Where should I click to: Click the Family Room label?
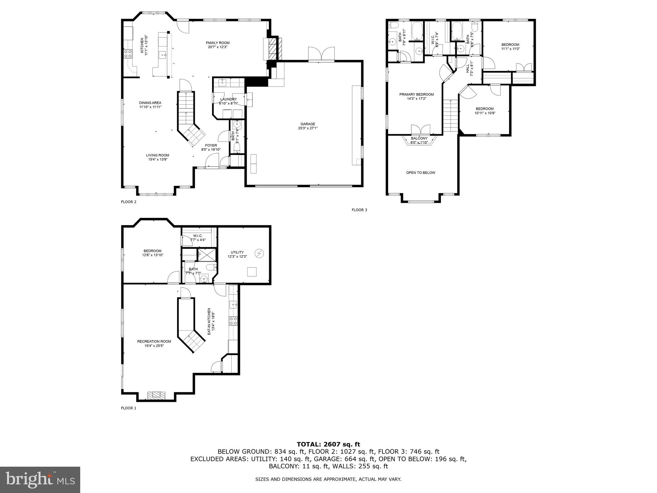point(218,43)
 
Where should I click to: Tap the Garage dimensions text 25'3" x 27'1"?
point(308,128)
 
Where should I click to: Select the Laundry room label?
point(228,99)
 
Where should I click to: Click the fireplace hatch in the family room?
point(272,48)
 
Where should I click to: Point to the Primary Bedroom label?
point(416,94)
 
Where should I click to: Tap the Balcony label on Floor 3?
point(419,138)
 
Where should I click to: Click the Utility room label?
point(237,252)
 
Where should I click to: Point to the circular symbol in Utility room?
point(259,254)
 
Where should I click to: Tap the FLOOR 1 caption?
point(128,408)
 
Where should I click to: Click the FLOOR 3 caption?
point(359,210)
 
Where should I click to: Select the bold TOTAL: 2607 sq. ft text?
point(328,445)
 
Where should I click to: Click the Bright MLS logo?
point(40,480)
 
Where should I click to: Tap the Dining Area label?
point(150,103)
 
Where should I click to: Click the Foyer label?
point(211,145)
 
